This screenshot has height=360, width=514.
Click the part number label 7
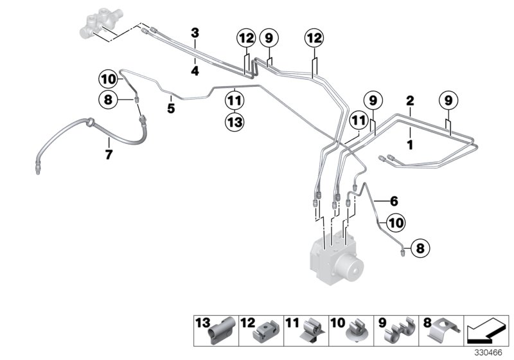pyautogui.click(x=109, y=154)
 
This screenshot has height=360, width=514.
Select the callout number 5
pyautogui.click(x=171, y=108)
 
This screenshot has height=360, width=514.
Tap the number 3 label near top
pyautogui.click(x=195, y=32)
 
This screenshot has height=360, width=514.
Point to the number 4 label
pyautogui.click(x=195, y=71)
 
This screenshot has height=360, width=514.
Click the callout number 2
pyautogui.click(x=409, y=101)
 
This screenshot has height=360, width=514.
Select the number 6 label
pyautogui.click(x=394, y=200)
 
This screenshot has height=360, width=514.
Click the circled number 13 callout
pyautogui.click(x=235, y=121)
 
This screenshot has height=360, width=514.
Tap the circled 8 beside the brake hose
pyautogui.click(x=108, y=99)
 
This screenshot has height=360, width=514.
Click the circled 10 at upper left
pyautogui.click(x=108, y=80)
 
